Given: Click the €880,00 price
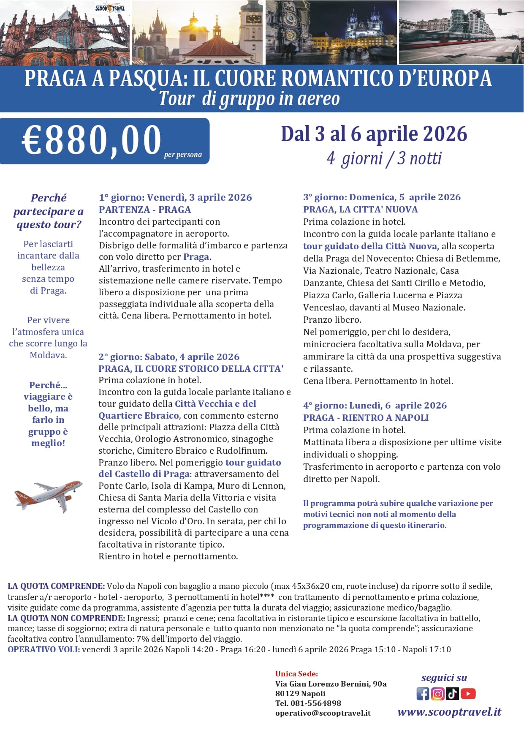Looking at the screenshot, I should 92,141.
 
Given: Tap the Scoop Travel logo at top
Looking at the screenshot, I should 110,8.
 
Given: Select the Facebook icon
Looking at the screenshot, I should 423,694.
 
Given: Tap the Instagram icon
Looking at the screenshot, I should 437,694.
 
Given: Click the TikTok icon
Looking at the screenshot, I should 452,694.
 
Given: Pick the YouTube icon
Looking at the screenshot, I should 468,694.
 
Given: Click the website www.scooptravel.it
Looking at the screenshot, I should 449,712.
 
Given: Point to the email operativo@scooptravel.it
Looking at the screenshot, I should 323,713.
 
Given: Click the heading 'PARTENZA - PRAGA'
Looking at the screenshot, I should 145,210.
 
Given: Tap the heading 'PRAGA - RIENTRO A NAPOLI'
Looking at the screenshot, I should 366,418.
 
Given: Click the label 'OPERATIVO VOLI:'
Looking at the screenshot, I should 43,649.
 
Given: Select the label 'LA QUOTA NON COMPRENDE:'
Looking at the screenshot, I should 66,618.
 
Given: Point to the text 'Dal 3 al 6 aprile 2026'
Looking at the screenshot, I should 374,134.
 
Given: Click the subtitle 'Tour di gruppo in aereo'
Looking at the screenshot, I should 249,99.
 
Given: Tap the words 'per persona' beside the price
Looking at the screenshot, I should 183,155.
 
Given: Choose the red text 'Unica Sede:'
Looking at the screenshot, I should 296,674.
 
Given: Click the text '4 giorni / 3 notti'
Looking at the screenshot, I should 384,159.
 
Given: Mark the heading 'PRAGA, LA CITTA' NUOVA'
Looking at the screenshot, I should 360,210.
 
